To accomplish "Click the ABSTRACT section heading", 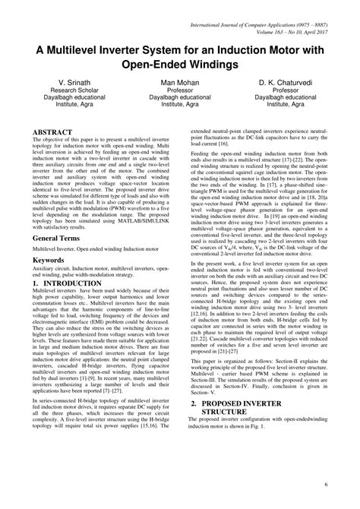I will [53, 131].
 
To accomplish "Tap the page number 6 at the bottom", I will [325, 484].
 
